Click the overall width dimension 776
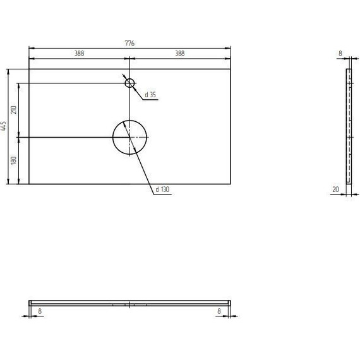[129, 43]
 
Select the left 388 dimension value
[79, 53]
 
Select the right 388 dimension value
[180, 53]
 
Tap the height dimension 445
[4, 126]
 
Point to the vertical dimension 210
[14, 110]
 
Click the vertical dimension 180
[14, 160]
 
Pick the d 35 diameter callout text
[150, 95]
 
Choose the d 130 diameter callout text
[162, 189]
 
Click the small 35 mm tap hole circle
[129, 83]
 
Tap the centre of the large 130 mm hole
[129, 137]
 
